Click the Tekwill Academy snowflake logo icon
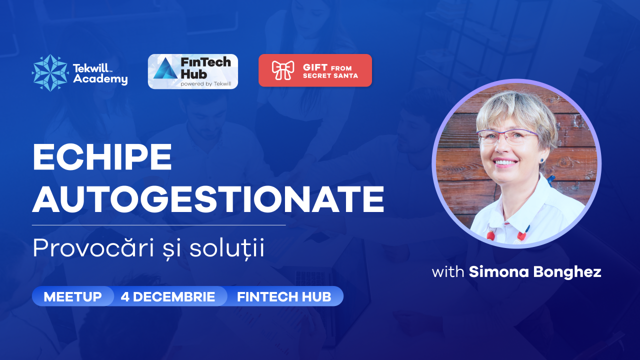50,73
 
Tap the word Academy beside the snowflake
100,79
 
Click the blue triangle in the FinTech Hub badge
165,68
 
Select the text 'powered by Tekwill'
205,83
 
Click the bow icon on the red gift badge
283,70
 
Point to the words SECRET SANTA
330,75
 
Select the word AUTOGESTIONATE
208,199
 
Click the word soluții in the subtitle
227,248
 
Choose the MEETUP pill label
73,296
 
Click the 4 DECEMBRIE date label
167,296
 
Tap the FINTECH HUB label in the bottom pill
284,296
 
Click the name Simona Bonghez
535,271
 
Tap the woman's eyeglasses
507,136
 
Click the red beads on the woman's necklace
490,235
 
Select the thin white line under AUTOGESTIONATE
159,225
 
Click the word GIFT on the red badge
315,67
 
